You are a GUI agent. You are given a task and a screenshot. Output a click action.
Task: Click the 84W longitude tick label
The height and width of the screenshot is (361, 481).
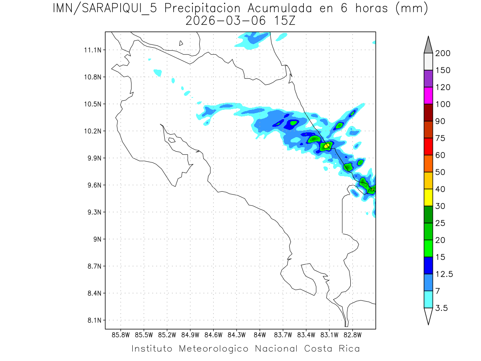click(x=260, y=335)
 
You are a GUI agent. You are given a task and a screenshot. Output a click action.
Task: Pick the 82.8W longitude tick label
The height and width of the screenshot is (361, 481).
click(x=352, y=335)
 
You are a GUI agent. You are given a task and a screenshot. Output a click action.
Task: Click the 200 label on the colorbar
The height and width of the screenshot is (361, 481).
click(x=443, y=53)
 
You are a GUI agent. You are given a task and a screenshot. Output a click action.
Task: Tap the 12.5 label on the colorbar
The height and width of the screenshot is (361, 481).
click(x=445, y=274)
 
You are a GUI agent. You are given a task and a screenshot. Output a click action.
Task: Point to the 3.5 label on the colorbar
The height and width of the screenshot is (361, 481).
click(x=442, y=308)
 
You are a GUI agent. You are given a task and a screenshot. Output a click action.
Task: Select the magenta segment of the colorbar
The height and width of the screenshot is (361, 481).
click(x=428, y=96)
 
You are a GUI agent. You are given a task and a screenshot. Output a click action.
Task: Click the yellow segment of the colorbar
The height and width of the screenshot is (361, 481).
click(x=428, y=197)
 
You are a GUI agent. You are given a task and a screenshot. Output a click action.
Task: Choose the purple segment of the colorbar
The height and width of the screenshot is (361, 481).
click(x=428, y=79)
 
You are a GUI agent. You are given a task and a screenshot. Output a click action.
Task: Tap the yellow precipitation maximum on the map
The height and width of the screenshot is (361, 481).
click(x=327, y=145)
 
